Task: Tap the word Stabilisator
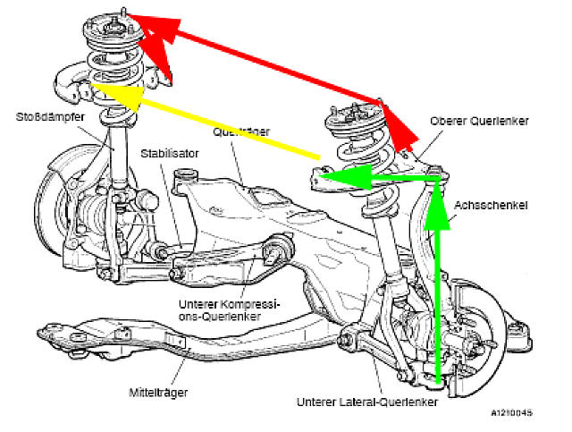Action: (x=169, y=154)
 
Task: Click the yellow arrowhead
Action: (x=112, y=95)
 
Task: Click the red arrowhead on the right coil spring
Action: (x=395, y=125)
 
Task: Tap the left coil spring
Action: (x=113, y=75)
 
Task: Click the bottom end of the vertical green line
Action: (x=436, y=383)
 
